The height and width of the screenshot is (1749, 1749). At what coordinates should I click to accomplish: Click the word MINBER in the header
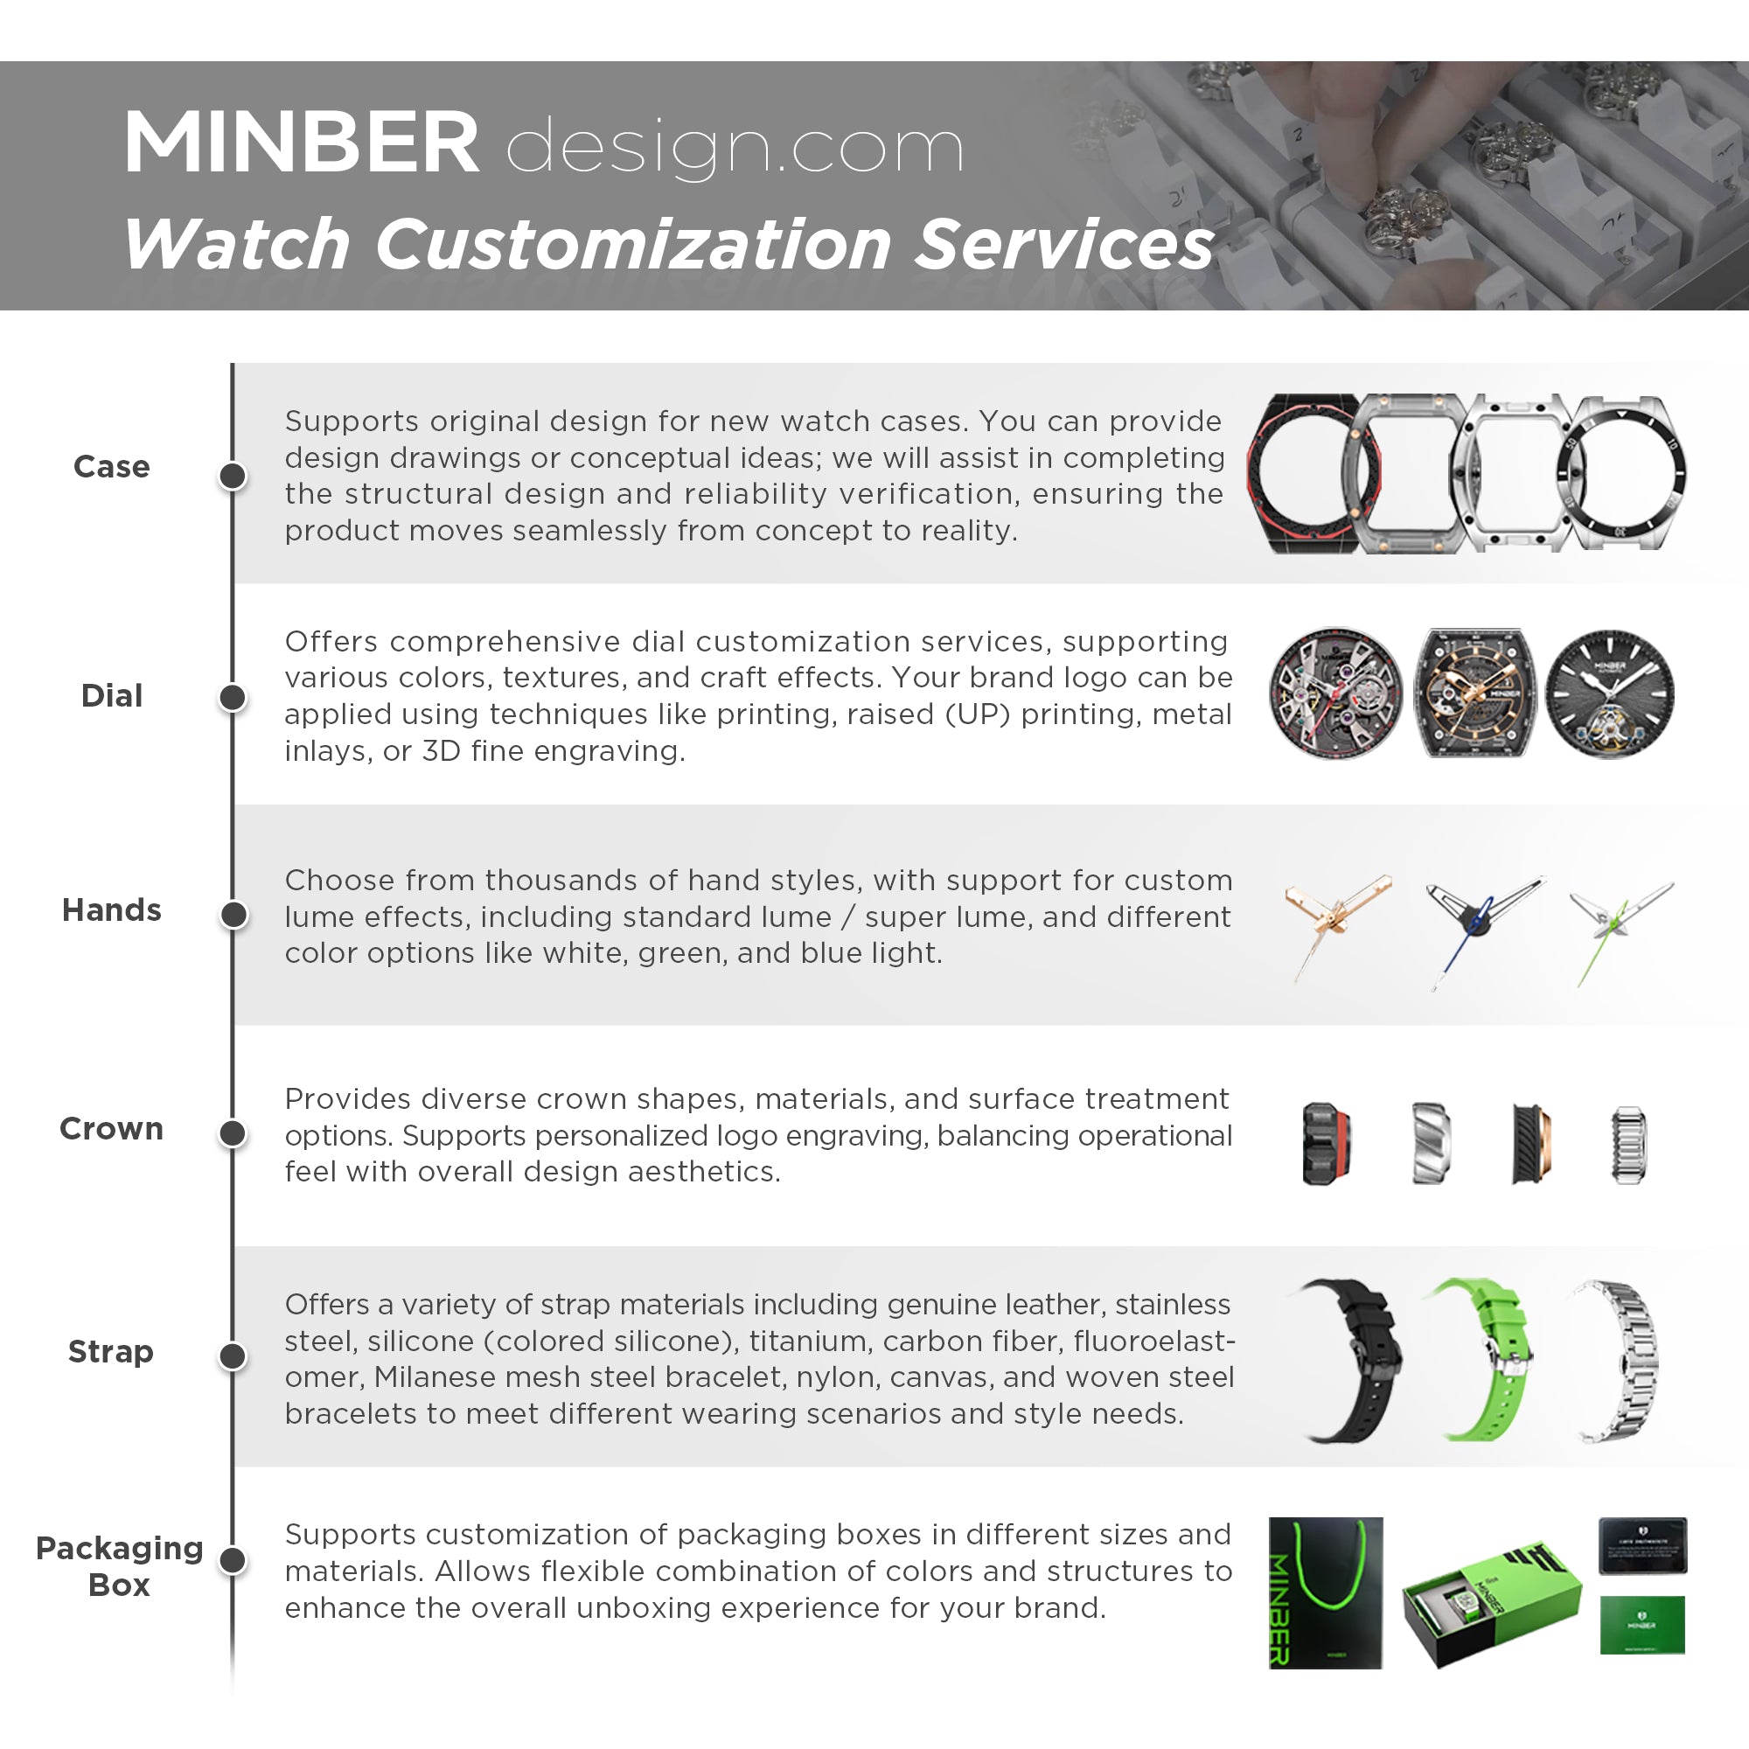[301, 143]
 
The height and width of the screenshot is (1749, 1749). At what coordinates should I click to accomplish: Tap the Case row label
[111, 466]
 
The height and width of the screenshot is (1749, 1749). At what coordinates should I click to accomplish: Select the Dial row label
[111, 695]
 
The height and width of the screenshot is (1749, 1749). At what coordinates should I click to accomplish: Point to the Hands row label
[111, 909]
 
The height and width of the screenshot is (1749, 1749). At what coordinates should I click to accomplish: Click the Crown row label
[111, 1129]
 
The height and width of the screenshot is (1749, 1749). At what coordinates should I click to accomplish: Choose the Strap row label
[110, 1352]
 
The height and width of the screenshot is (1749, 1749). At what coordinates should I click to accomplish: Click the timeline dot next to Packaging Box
[233, 1561]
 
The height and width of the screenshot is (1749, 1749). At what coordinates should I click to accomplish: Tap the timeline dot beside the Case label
[233, 475]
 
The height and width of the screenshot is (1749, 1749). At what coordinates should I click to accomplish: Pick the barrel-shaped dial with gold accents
[1475, 693]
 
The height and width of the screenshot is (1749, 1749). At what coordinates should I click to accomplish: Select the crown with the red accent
[1327, 1144]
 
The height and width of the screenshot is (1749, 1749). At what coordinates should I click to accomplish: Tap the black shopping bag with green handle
[1326, 1593]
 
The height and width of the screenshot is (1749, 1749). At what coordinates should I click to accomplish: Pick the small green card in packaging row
[1642, 1626]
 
